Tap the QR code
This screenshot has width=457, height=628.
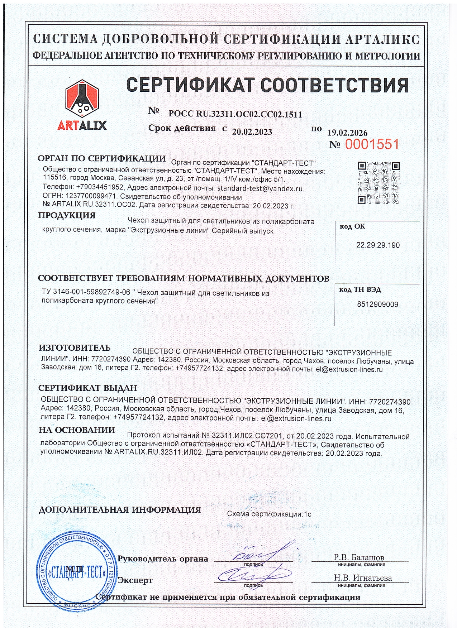[x=379, y=183]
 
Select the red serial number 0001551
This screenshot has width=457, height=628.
[x=372, y=144]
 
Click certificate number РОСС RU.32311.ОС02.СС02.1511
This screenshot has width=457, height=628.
[x=235, y=114]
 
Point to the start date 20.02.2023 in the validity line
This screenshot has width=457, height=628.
[x=252, y=132]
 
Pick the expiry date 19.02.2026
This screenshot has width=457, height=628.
[x=347, y=133]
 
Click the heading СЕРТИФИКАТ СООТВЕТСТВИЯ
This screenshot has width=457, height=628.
[x=267, y=85]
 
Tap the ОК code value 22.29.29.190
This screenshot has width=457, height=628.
[x=378, y=245]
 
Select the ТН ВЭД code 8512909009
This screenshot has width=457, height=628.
[x=377, y=305]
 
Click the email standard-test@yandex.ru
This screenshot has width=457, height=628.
[x=260, y=188]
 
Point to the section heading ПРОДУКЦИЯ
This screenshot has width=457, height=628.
[x=67, y=215]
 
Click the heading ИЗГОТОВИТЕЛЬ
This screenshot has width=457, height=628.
[x=75, y=348]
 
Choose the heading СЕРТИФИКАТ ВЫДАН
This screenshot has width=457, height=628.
[x=88, y=388]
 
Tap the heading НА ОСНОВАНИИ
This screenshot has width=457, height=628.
[x=77, y=430]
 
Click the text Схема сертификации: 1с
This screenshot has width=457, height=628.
[x=269, y=514]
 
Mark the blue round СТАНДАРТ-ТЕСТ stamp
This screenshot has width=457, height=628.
[x=76, y=572]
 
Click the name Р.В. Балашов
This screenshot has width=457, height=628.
[x=359, y=557]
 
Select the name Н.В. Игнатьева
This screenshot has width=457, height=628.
[x=363, y=578]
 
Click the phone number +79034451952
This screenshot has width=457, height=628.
[x=100, y=187]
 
